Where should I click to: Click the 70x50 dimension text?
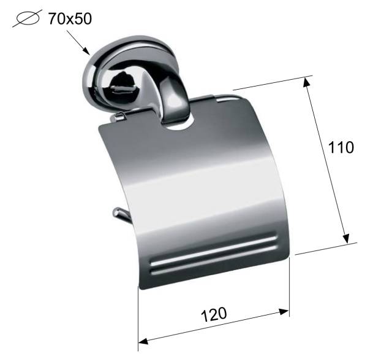(x=70, y=18)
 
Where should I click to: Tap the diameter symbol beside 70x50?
(x=27, y=18)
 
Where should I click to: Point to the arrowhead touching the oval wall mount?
(x=86, y=51)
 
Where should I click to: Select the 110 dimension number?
(x=341, y=147)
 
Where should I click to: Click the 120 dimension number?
(x=214, y=314)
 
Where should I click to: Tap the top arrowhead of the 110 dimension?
(x=306, y=82)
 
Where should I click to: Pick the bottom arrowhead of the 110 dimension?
(x=346, y=238)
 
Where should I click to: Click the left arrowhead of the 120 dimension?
(x=143, y=341)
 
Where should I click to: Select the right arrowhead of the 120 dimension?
(x=284, y=312)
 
